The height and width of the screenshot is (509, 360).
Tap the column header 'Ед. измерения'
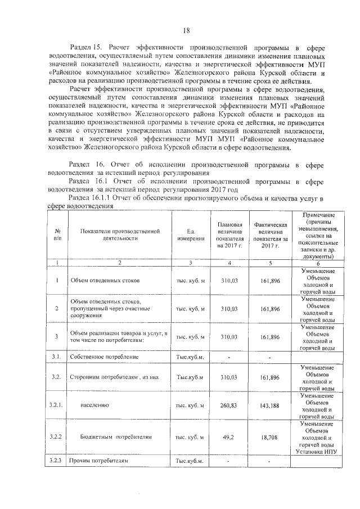pyautogui.click(x=190, y=235)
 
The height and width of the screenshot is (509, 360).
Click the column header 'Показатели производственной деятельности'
pyautogui.click(x=116, y=235)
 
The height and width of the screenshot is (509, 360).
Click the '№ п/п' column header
pyautogui.click(x=57, y=235)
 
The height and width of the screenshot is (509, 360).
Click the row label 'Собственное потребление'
pyautogui.click(x=97, y=357)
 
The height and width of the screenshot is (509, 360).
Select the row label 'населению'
pyautogui.click(x=94, y=405)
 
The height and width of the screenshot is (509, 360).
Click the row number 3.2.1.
pyautogui.click(x=57, y=405)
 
